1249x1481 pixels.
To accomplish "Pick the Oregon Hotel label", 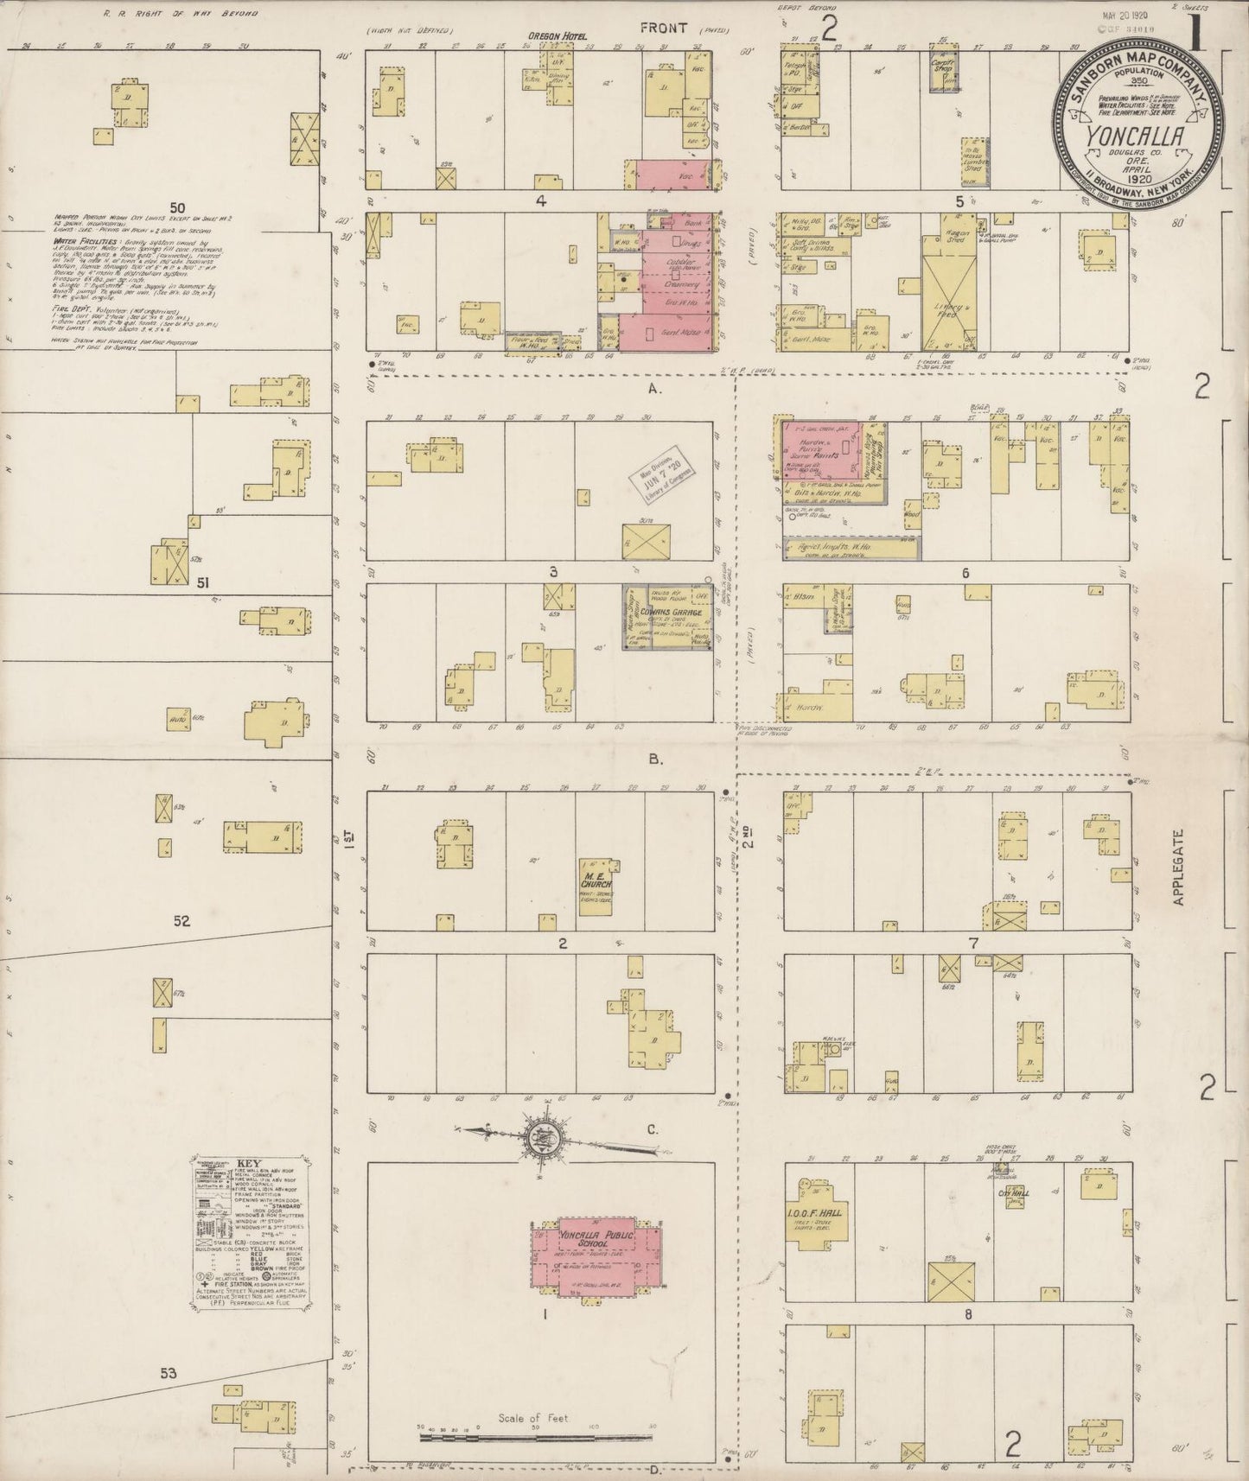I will (x=552, y=36).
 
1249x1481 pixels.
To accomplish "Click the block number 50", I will (x=178, y=207).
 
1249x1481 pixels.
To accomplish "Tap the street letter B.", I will (x=655, y=760).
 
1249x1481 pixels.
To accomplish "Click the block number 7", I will (x=973, y=943).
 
